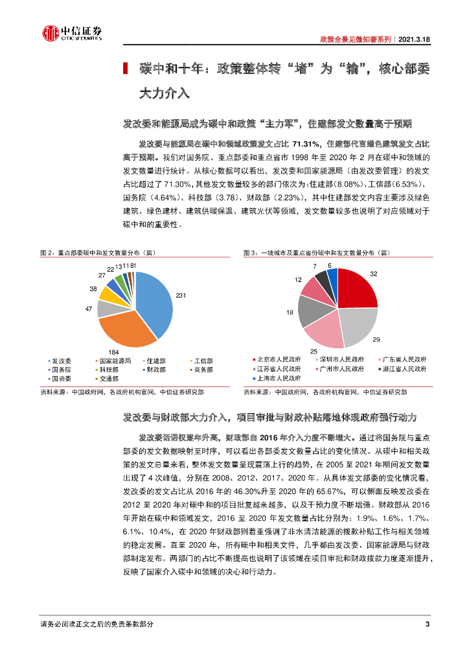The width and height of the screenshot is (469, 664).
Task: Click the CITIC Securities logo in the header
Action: (72, 33)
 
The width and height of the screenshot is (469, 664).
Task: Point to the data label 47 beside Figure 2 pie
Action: (89, 309)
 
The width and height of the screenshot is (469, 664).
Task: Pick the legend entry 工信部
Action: (203, 361)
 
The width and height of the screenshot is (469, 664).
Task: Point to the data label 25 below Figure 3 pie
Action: (314, 351)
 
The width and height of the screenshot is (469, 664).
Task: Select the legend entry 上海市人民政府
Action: (279, 377)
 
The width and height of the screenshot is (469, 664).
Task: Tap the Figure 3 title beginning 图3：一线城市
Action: (317, 253)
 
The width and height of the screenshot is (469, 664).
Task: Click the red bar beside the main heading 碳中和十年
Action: (126, 69)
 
